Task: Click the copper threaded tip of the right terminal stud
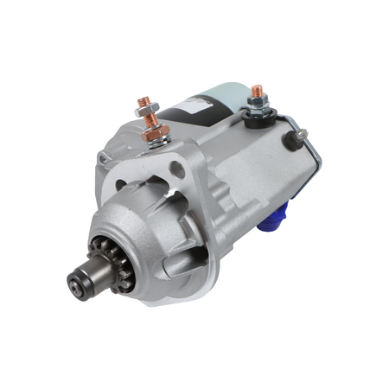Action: tap(256, 89)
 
